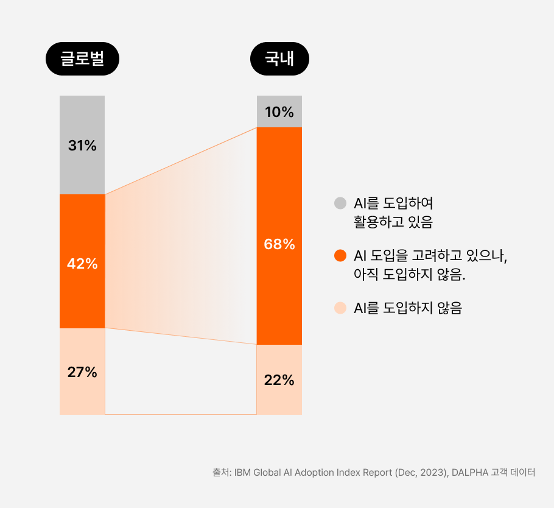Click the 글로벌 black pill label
[82, 60]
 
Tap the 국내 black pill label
[279, 60]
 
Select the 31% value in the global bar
[82, 146]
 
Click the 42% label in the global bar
[82, 264]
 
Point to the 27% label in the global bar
[82, 372]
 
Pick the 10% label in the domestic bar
[279, 112]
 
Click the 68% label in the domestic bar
[279, 244]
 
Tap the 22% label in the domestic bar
[279, 380]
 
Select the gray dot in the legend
[340, 203]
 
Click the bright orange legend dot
[340, 255]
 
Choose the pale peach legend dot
[340, 308]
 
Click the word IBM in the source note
[242, 473]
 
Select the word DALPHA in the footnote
[471, 473]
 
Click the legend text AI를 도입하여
[393, 203]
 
